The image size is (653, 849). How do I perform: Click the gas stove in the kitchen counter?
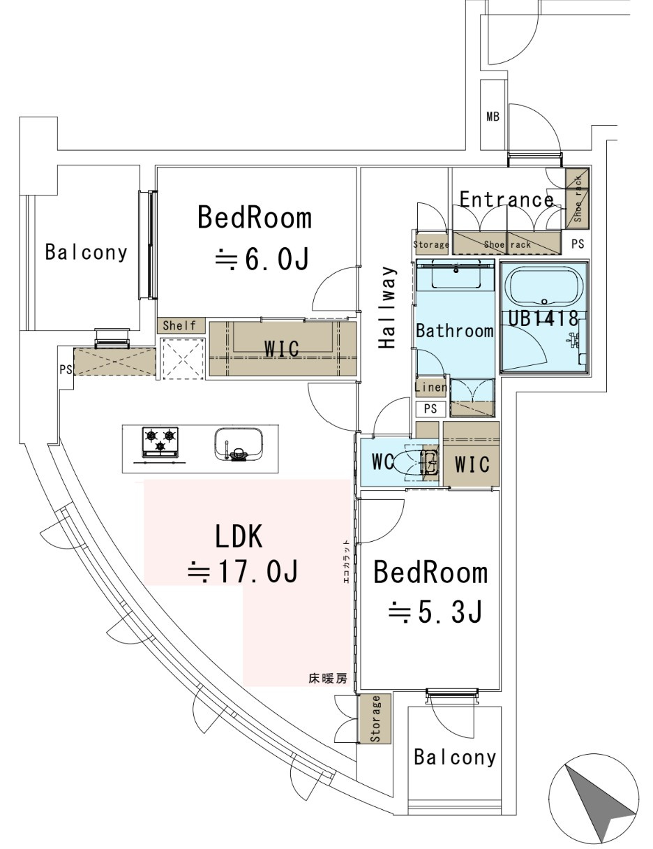pyautogui.click(x=160, y=443)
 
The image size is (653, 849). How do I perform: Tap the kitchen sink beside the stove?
pyautogui.click(x=239, y=445)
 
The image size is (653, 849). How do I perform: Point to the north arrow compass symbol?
pyautogui.click(x=594, y=801)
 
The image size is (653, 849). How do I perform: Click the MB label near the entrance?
pyautogui.click(x=493, y=117)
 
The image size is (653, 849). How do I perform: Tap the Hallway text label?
pyautogui.click(x=387, y=307)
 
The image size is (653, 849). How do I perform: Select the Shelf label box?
pyautogui.click(x=180, y=325)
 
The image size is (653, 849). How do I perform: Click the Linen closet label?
pyautogui.click(x=430, y=387)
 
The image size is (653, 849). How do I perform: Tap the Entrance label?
pyautogui.click(x=506, y=200)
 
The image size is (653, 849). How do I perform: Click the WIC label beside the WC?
pyautogui.click(x=472, y=464)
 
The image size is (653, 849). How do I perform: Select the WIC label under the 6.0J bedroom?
pyautogui.click(x=282, y=347)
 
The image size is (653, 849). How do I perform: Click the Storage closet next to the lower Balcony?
pyautogui.click(x=375, y=718)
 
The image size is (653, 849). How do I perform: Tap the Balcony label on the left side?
pyautogui.click(x=87, y=251)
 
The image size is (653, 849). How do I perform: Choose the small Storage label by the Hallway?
pyautogui.click(x=431, y=244)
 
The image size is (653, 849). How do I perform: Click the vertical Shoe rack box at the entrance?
pyautogui.click(x=577, y=198)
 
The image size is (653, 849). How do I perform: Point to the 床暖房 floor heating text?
pyautogui.click(x=327, y=678)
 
